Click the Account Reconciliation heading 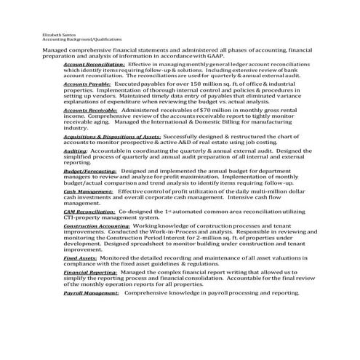(94, 64)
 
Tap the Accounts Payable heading (87, 84)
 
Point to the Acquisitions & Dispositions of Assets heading (112, 136)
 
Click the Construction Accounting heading (97, 226)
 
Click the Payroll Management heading (91, 292)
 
